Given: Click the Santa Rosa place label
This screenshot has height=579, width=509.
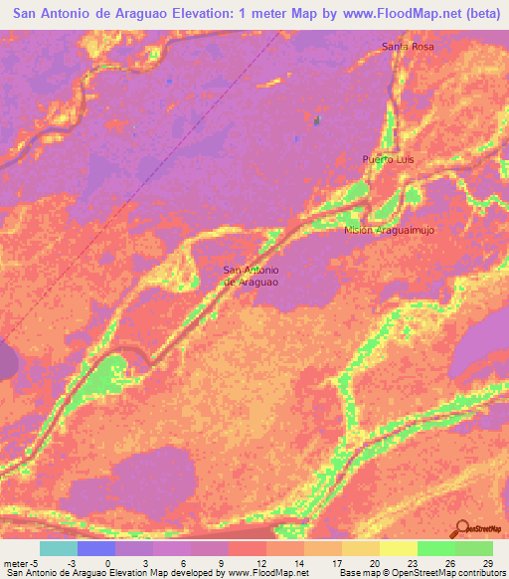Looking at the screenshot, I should click(x=409, y=47).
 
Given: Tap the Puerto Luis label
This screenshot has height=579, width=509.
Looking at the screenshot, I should click(x=388, y=159).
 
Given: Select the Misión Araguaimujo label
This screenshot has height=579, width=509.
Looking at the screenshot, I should click(x=390, y=229).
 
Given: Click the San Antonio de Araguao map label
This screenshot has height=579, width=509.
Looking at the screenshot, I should click(x=251, y=276).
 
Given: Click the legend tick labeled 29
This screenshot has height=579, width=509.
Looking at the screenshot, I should click(x=486, y=562).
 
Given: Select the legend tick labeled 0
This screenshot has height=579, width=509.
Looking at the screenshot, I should click(x=107, y=562).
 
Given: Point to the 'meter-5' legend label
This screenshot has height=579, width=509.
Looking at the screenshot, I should click(x=21, y=562).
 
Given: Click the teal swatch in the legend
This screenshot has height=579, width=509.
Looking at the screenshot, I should click(x=59, y=548).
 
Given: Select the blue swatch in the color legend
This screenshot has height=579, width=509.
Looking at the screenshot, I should click(x=96, y=548).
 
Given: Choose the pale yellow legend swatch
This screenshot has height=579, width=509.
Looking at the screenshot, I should click(x=399, y=548).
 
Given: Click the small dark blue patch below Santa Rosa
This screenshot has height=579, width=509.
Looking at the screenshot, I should click(x=317, y=121).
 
